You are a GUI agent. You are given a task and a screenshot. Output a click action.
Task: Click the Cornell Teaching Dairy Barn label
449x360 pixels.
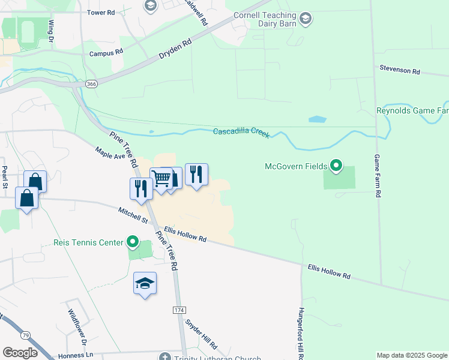265,20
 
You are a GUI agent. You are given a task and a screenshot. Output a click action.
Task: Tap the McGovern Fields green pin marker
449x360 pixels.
336,166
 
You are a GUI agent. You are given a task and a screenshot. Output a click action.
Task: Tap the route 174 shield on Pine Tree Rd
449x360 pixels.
178,309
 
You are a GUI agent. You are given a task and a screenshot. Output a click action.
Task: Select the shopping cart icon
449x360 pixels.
160,178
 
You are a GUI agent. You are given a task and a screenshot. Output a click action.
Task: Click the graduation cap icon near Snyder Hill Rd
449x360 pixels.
145,283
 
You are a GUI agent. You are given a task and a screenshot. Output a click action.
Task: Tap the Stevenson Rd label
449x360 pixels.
399,70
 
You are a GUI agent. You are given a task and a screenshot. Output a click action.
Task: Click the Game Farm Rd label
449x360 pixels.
378,176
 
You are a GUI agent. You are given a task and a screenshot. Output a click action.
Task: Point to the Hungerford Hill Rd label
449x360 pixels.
301,334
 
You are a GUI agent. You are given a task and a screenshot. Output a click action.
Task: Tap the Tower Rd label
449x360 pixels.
101,12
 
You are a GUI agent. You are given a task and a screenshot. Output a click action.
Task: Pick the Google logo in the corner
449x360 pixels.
20,353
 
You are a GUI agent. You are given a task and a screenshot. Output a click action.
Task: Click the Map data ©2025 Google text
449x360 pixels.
411,355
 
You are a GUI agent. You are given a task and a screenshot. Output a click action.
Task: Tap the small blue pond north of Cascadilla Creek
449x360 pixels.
316,119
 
